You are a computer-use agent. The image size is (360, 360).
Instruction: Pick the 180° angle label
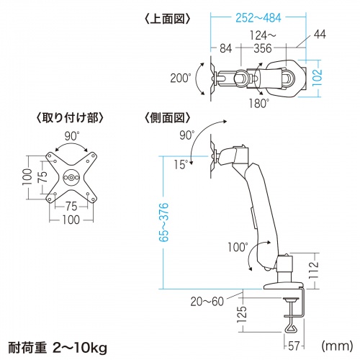point(260,103)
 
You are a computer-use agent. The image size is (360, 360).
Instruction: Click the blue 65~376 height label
point(165,216)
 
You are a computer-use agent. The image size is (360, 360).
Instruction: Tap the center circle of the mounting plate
point(71,176)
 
